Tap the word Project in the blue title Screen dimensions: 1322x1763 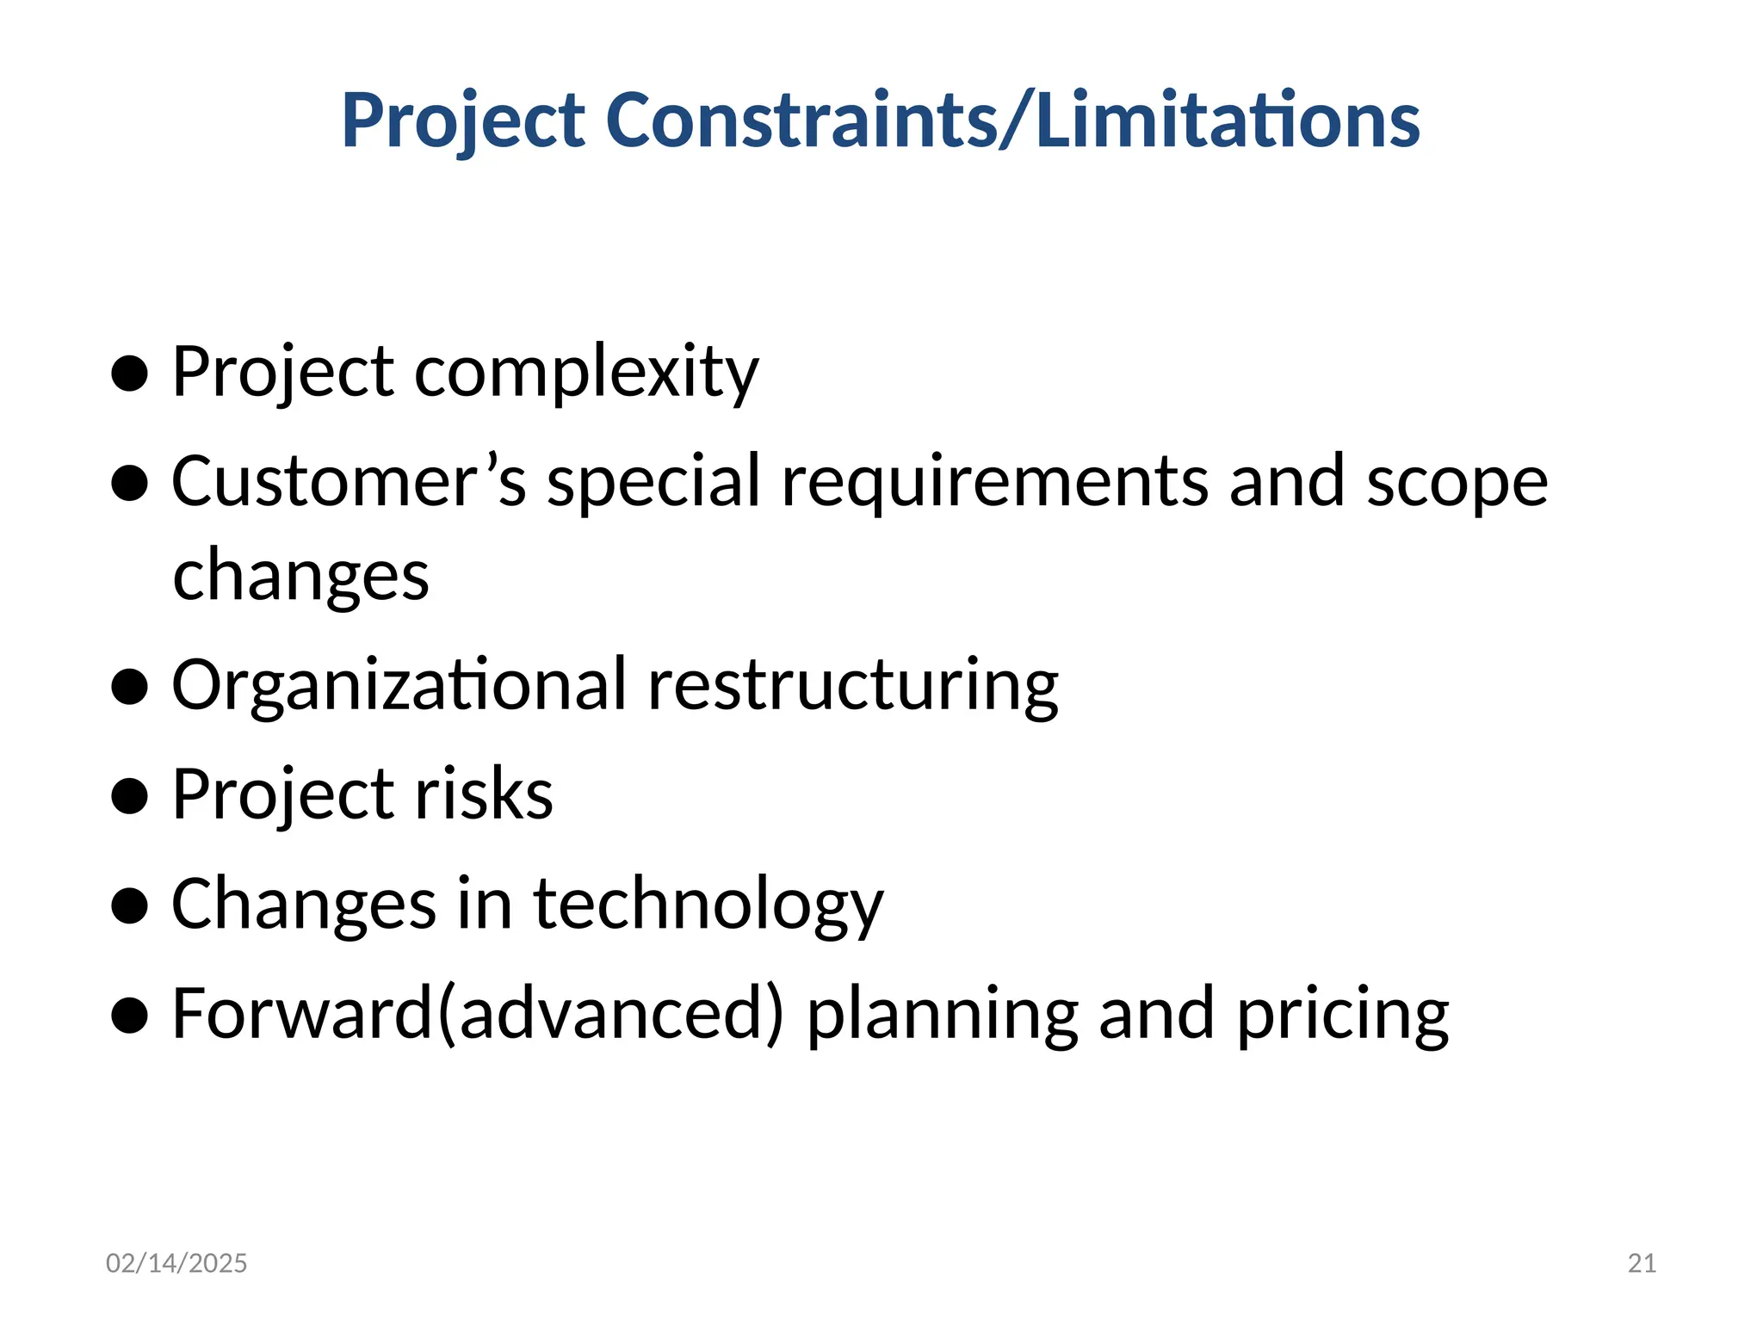click(463, 120)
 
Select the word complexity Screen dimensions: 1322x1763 click(586, 373)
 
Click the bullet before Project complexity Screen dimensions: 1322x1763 click(130, 374)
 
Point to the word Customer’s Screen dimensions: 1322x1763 click(349, 481)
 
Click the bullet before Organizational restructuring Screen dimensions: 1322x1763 click(130, 687)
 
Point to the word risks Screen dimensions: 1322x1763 click(484, 794)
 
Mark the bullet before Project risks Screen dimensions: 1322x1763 click(130, 796)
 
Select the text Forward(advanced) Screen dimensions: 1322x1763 click(478, 1014)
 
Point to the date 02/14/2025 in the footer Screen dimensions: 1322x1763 click(176, 1263)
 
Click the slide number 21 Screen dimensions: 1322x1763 click(1642, 1263)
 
